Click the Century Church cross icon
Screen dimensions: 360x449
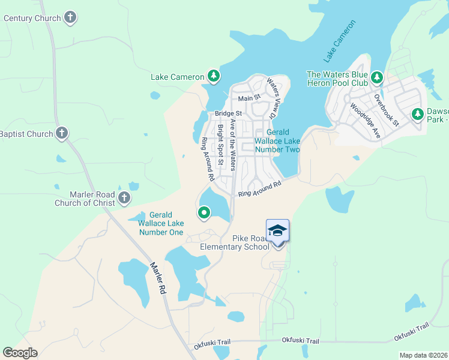[71, 17]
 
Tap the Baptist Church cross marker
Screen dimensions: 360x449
[62, 133]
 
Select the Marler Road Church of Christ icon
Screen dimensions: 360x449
[124, 198]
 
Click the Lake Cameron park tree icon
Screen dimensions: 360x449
[213, 76]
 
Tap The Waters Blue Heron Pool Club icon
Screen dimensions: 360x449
[377, 77]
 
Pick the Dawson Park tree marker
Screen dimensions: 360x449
[417, 113]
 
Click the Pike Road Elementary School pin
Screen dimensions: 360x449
[277, 232]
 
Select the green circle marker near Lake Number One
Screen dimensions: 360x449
[204, 212]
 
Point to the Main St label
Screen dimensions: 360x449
[249, 98]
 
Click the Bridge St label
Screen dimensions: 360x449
[228, 113]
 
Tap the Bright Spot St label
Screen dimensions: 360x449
[220, 145]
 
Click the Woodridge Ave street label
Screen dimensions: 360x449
[366, 121]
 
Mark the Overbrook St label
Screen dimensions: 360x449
[386, 109]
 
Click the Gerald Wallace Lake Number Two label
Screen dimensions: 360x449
[277, 140]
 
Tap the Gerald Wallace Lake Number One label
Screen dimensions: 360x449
[161, 223]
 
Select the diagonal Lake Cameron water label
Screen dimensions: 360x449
[340, 41]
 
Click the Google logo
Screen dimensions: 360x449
[20, 353]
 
